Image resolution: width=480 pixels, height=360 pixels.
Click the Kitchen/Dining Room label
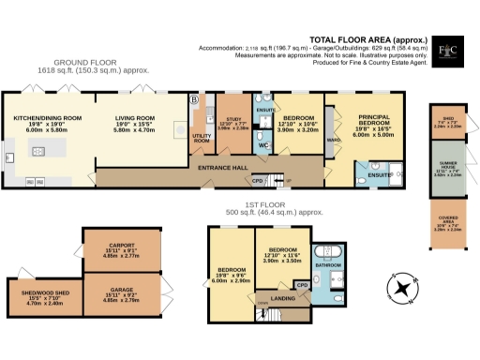[x=48, y=119]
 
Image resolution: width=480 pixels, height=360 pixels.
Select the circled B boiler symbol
[x=195, y=99]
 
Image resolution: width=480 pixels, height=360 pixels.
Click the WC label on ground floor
[x=263, y=146]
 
